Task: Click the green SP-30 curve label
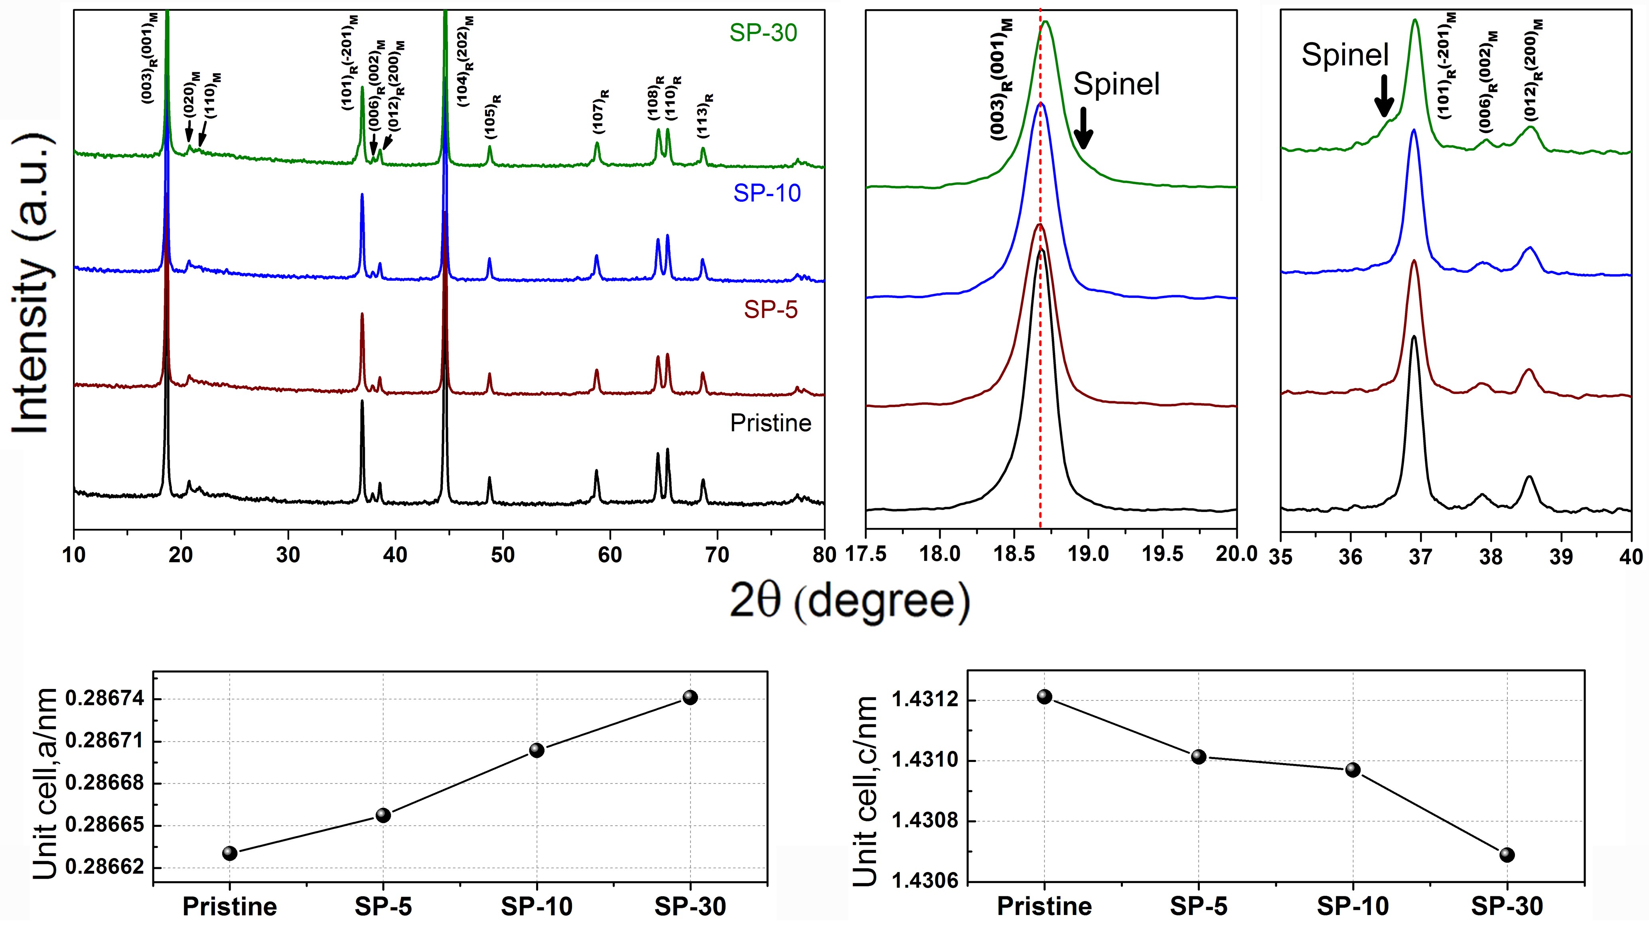763,33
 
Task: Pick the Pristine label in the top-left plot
771,423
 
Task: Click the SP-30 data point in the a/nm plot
690,697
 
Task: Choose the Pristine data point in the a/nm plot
230,853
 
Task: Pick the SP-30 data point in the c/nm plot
1507,855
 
